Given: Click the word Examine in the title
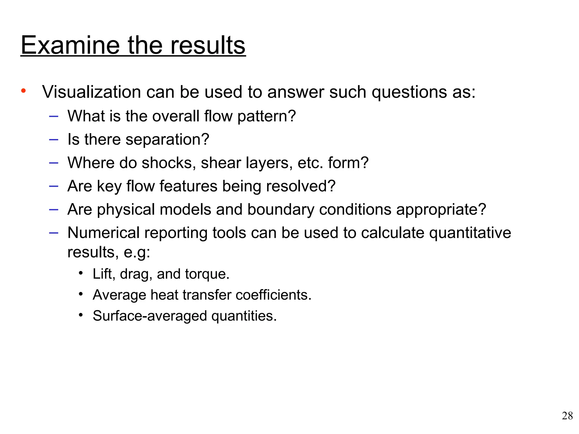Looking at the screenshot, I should click(x=70, y=45).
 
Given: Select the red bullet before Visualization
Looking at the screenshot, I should click(x=23, y=91).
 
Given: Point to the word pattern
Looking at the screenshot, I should click(x=266, y=116).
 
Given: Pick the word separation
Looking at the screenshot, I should click(x=167, y=139).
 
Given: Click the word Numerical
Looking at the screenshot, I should click(x=103, y=233).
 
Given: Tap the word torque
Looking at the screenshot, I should click(x=207, y=274).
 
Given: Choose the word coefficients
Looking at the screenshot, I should click(x=273, y=295).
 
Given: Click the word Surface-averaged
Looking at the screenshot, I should click(x=150, y=316).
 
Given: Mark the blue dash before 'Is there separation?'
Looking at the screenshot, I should click(x=53, y=139).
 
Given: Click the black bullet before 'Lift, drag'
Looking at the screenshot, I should click(x=81, y=273).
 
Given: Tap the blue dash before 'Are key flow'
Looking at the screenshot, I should click(x=53, y=186).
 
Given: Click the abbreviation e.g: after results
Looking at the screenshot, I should click(x=137, y=252).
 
